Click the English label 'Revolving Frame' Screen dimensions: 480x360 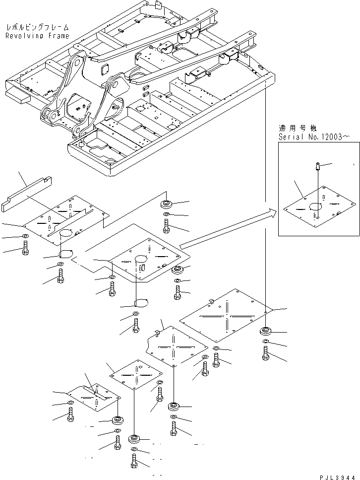(x=37, y=36)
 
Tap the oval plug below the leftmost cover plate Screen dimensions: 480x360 (x=66, y=253)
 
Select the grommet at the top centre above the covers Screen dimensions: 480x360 (x=167, y=205)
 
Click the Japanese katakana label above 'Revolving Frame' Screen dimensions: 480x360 (x=37, y=28)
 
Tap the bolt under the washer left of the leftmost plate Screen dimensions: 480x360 (x=25, y=248)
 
